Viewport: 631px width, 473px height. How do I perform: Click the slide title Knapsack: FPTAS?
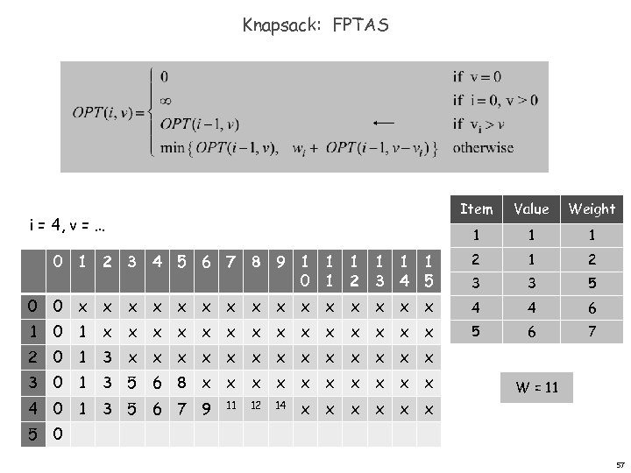pos(315,25)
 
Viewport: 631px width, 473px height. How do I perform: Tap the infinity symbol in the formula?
pos(167,101)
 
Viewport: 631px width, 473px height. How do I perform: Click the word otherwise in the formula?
pos(483,147)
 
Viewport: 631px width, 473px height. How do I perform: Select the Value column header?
pos(531,208)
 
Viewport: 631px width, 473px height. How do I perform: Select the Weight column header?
pos(592,208)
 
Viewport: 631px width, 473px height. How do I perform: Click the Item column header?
pos(477,208)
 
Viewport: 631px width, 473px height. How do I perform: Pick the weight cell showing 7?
pos(592,333)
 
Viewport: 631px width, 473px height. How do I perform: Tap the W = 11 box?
pos(536,387)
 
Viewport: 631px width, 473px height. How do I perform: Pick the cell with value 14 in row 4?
pos(279,409)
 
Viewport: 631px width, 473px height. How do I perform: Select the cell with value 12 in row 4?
pos(254,409)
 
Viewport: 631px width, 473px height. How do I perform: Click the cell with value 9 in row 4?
pos(205,409)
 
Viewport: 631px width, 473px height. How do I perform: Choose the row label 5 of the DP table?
pos(32,433)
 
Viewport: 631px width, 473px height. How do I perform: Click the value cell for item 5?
pos(531,333)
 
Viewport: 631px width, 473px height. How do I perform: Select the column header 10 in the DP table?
pos(304,272)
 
